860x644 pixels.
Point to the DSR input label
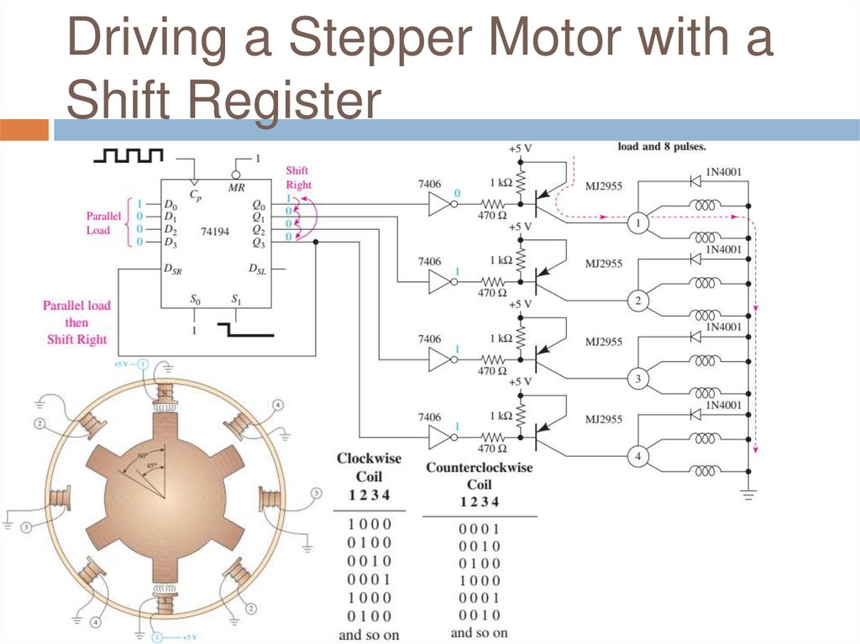174,270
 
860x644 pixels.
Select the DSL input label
257,270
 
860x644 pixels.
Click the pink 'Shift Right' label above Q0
298,177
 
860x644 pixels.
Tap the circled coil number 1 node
637,223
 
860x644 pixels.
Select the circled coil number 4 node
637,457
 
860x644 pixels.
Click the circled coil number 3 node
637,380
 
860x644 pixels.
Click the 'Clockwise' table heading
369,458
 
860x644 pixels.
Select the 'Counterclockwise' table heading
480,467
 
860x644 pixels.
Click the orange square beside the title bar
24,130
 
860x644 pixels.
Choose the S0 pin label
196,299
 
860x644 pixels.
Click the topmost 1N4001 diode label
723,173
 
